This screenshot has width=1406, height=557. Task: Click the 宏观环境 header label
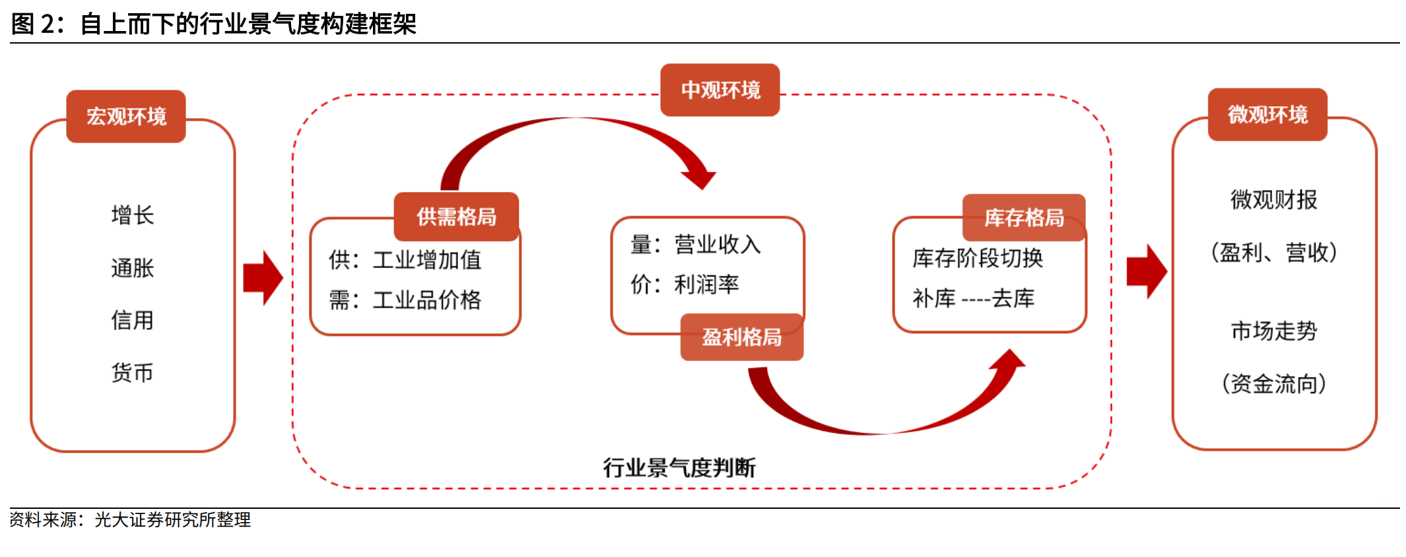point(126,116)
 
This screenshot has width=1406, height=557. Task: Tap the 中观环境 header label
point(720,90)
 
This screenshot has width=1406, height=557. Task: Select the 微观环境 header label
point(1267,114)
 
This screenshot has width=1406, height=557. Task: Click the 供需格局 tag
point(456,216)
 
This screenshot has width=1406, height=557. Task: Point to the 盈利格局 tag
point(742,337)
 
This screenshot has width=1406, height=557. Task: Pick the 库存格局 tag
point(1024,217)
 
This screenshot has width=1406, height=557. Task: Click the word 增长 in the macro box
point(133,215)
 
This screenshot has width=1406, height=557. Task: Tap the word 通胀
point(133,268)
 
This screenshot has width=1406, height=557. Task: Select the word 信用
point(133,321)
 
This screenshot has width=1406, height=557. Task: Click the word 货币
point(133,373)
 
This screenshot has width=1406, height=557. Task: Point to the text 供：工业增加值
point(405,260)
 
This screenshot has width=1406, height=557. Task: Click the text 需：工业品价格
point(405,300)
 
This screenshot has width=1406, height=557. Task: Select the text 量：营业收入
point(696,245)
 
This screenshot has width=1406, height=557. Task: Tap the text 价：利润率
point(685,284)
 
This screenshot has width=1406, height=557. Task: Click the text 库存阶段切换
point(978,258)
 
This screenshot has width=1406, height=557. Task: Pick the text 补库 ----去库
point(974,298)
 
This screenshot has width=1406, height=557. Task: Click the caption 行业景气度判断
point(679,467)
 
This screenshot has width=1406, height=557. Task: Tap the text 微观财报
point(1274,199)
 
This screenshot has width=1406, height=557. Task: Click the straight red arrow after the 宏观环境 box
point(263,278)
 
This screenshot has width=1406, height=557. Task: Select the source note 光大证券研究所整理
point(172,520)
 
